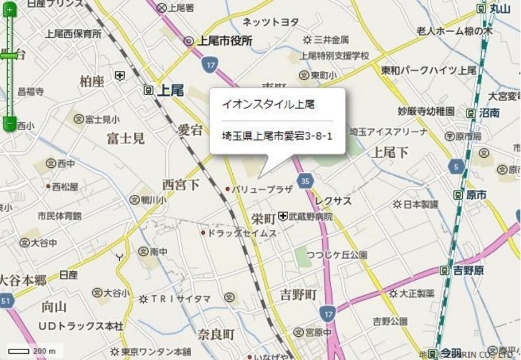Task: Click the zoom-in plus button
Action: point(9,9)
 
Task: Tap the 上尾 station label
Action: point(169,90)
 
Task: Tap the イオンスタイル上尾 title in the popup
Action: point(263,104)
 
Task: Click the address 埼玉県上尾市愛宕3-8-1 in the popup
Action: point(277,135)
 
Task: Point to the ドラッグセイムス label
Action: point(242,233)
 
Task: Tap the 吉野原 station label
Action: point(468,270)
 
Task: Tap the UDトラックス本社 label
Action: point(80,326)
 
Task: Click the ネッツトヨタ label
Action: point(270,22)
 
